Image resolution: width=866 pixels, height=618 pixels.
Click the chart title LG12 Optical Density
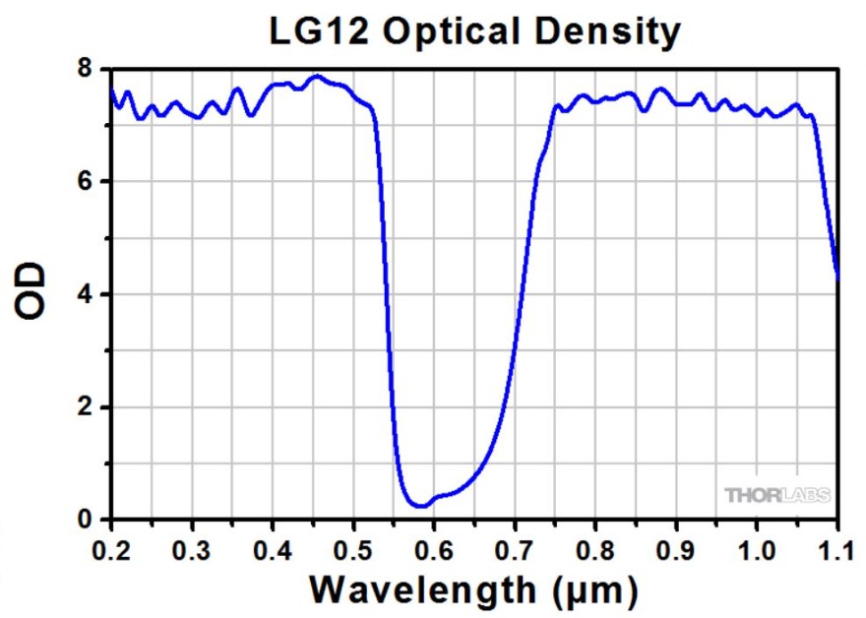coord(474,31)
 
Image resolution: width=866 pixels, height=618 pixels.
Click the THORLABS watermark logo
coord(777,494)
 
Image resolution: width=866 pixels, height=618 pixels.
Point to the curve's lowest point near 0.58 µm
coord(420,507)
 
